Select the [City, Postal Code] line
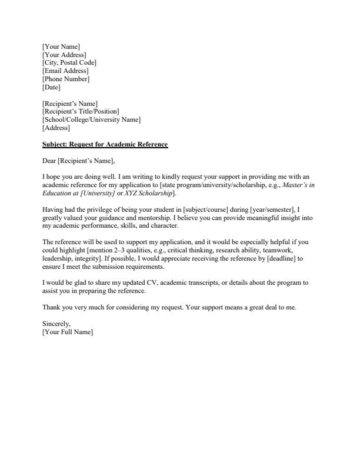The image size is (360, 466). coord(69,63)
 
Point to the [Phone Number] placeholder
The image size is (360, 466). coord(66,79)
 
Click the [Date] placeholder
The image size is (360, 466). coord(51,88)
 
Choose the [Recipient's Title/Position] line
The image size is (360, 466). coord(81,112)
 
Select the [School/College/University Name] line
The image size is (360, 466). coord(91,120)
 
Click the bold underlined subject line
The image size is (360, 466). coord(105,145)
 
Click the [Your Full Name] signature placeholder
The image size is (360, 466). coord(68,332)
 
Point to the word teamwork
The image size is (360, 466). coord(291,250)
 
